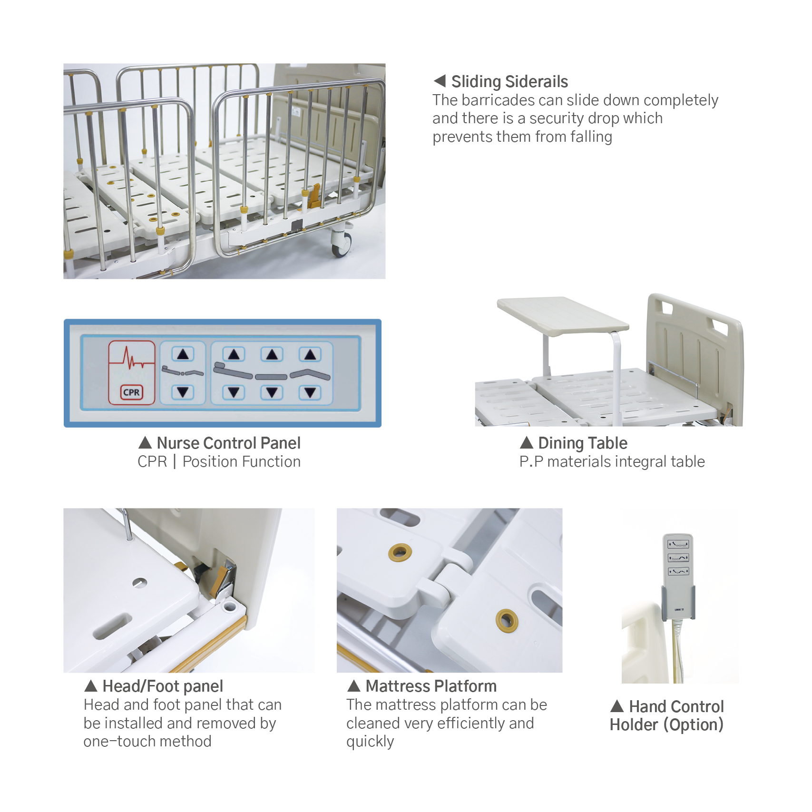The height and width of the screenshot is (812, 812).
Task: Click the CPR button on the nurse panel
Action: coord(131,392)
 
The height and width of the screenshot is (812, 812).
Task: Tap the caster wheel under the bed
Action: coord(341,244)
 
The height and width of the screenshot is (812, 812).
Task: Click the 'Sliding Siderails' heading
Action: coord(509,82)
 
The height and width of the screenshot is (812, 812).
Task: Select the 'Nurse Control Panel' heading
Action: coord(228,443)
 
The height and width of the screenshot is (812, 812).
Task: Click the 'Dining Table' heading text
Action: coord(582,443)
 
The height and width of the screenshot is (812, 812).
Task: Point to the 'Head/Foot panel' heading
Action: coord(162,686)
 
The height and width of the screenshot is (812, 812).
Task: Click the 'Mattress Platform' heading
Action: coord(430,686)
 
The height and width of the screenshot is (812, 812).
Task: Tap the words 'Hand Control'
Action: coord(676,707)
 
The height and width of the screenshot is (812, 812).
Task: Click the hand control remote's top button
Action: coord(678,544)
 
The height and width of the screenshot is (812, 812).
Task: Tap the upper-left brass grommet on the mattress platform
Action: coord(400,552)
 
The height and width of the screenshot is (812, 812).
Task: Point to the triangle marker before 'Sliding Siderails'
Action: coord(440,81)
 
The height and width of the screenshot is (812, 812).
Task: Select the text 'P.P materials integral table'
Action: coord(612,462)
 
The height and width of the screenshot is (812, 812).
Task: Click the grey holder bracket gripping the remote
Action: coord(678,604)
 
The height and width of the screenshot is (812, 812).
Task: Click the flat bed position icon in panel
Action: coord(272,377)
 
